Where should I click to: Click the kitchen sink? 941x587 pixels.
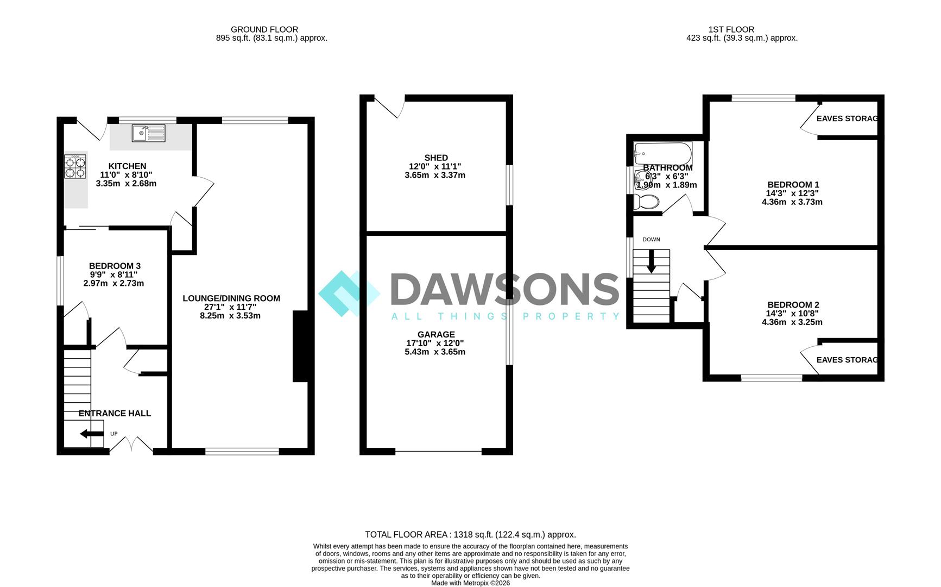(x=148, y=133)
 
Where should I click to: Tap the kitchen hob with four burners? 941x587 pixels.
(x=75, y=167)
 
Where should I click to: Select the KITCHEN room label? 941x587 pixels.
(x=127, y=166)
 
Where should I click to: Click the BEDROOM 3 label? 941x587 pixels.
(x=115, y=266)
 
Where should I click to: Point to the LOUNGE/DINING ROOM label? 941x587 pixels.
(x=231, y=298)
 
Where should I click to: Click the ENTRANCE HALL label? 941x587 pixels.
(x=115, y=413)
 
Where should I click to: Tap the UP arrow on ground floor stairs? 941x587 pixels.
(x=91, y=434)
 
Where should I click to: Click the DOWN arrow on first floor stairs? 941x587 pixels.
(x=651, y=261)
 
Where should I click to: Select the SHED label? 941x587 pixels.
(x=436, y=158)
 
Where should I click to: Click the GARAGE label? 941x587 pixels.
(x=436, y=334)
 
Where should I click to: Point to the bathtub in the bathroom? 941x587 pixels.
(x=662, y=153)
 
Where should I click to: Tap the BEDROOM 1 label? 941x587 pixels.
(x=793, y=184)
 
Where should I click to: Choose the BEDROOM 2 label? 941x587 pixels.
(x=793, y=304)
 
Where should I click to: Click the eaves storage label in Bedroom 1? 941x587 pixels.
(x=847, y=118)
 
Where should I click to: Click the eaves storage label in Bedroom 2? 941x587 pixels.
(x=847, y=360)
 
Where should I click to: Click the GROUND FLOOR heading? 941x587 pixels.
(x=264, y=29)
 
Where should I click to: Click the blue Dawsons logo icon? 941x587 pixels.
(x=349, y=293)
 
